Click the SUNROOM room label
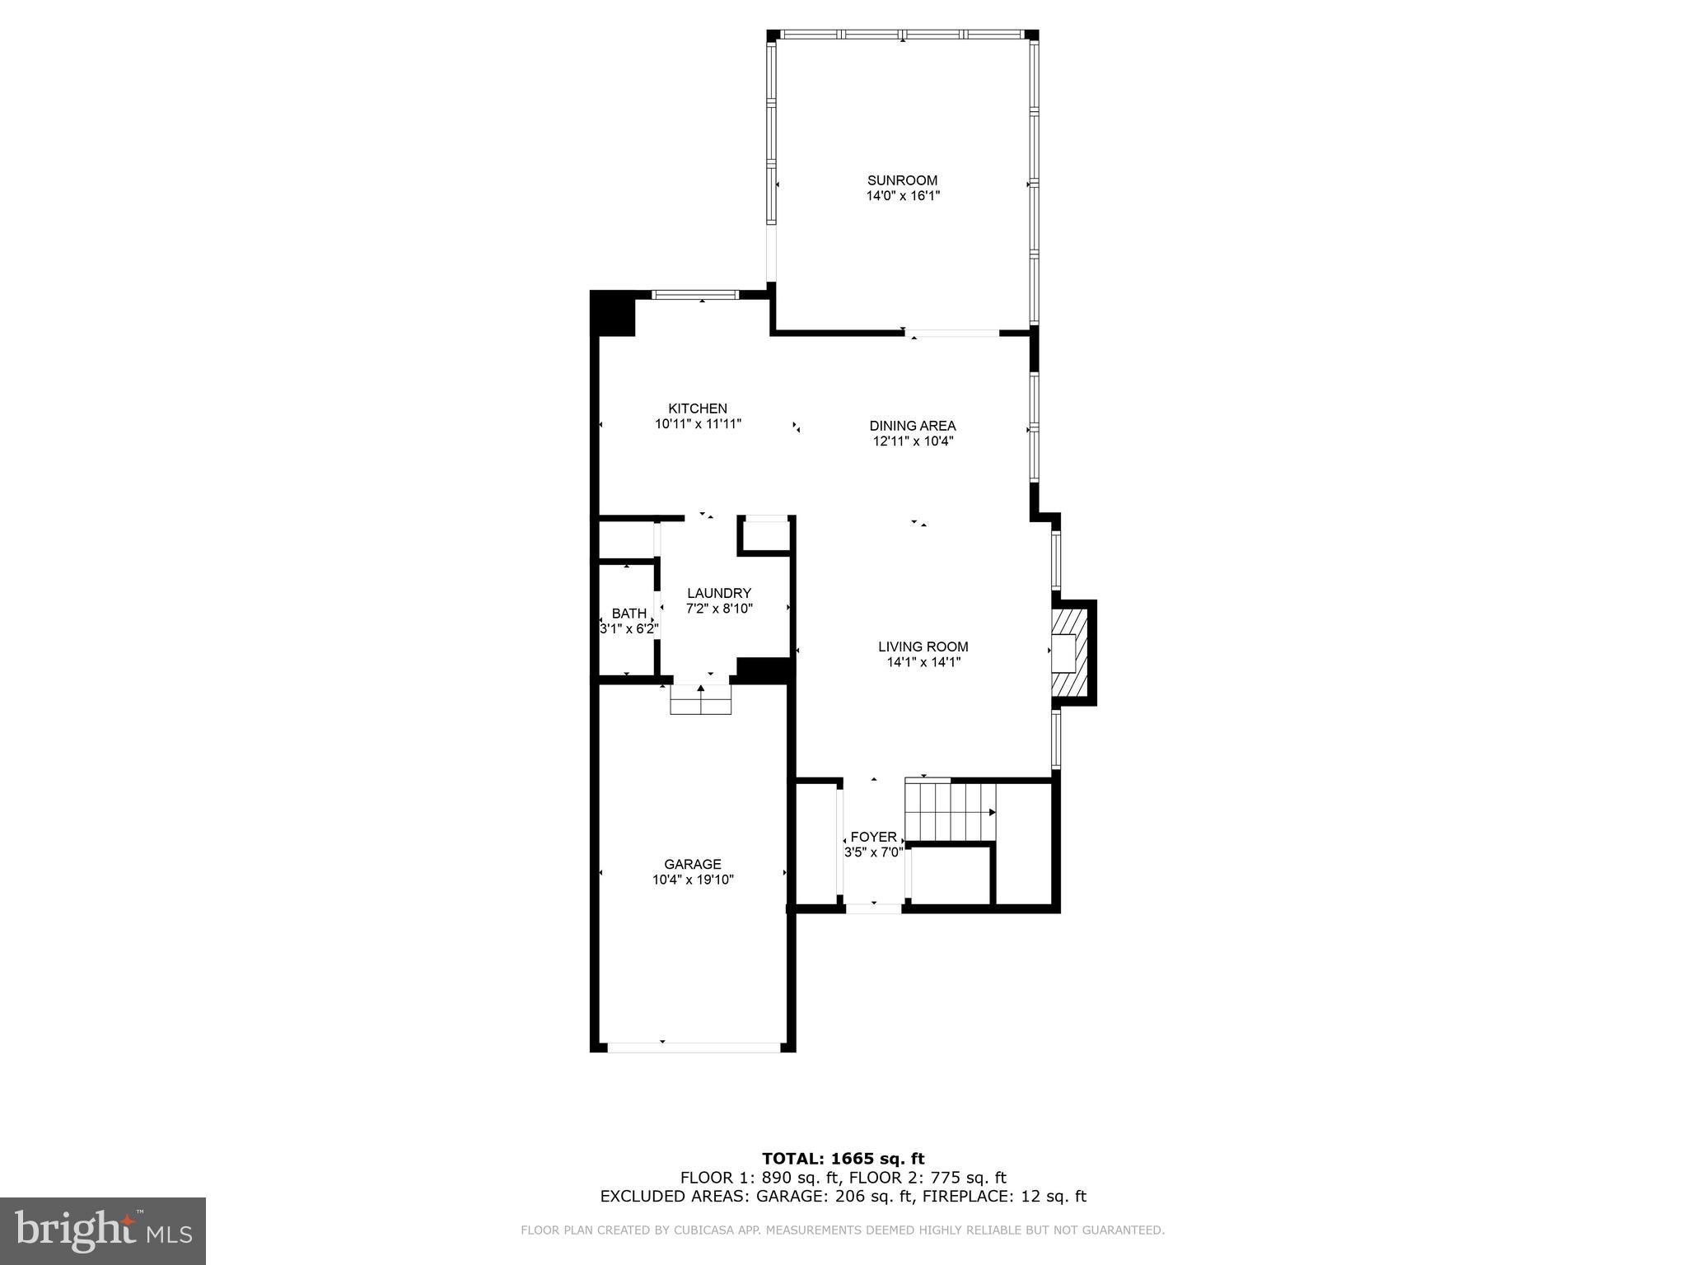[x=902, y=180]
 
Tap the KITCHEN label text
[x=698, y=408]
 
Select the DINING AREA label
[x=913, y=426]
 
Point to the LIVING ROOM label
[x=923, y=647]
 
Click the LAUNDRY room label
[x=719, y=593]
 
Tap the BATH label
[x=629, y=614]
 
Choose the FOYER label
[x=873, y=837]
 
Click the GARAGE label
[x=693, y=864]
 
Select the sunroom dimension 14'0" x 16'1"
[x=902, y=196]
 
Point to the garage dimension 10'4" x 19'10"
[x=693, y=880]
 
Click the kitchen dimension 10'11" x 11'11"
[x=698, y=424]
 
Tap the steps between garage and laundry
[x=701, y=699]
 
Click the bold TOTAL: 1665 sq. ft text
[x=843, y=1160]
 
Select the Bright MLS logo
[x=103, y=1230]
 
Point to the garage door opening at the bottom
[x=694, y=1048]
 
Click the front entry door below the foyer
[x=873, y=908]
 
